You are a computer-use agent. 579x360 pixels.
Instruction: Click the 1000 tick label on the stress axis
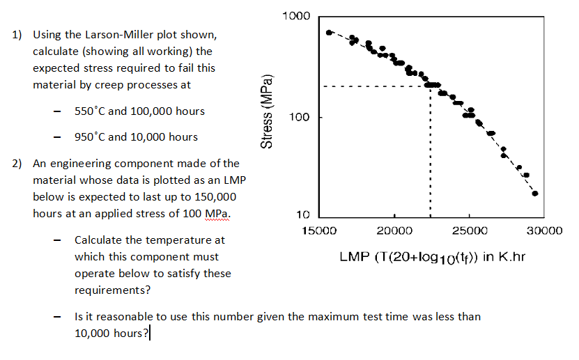(x=298, y=16)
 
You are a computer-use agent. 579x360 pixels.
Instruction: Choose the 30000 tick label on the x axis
(x=545, y=230)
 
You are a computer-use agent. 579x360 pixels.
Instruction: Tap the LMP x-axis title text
(x=432, y=257)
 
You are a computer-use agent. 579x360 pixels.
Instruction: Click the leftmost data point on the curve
(x=330, y=32)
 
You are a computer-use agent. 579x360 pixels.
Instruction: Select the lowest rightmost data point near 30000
(x=535, y=194)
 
